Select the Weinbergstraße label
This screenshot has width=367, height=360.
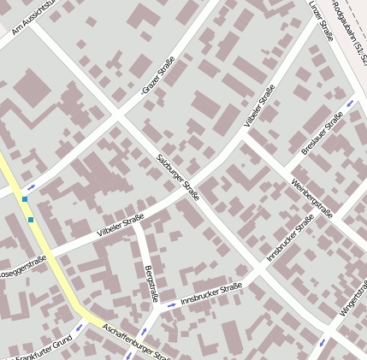pos(310,195)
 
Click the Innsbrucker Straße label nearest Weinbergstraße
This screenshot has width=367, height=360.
pos(290,238)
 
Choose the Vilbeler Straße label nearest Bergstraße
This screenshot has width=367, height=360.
pos(121,226)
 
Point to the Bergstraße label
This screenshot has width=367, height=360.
pos(151,284)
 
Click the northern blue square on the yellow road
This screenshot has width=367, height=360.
pos(25,199)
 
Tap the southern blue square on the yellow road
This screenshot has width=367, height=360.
pos(31,220)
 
